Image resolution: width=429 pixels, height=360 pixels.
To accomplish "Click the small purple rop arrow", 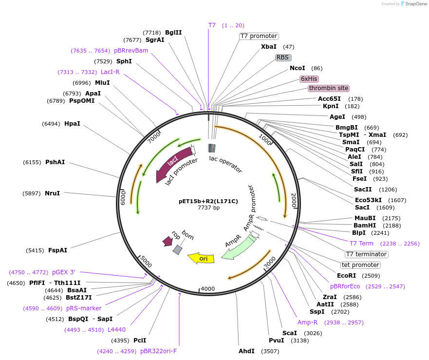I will [168, 241].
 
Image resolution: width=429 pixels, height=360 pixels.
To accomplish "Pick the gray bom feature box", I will [178, 249].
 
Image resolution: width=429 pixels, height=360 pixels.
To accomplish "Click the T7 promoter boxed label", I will [259, 36].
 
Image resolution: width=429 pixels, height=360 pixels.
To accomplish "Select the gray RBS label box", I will [283, 57].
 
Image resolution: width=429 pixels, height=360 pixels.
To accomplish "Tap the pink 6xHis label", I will [309, 79].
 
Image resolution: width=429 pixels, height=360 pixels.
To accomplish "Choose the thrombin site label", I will [328, 88].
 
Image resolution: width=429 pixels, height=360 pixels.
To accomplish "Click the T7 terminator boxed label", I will [366, 254].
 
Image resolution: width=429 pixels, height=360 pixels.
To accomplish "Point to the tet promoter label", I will [360, 265].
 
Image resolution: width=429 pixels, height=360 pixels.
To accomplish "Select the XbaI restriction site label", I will [269, 47].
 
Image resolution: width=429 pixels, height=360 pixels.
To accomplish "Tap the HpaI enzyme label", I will [72, 124].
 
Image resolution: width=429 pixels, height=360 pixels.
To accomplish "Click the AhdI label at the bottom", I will [246, 351].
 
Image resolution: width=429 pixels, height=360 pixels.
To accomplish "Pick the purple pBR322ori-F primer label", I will [158, 351].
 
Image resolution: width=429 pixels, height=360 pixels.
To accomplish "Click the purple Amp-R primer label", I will [308, 322].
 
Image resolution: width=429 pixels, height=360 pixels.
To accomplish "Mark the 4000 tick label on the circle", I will [208, 289].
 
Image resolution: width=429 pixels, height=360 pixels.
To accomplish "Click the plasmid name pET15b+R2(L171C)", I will [208, 201].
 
